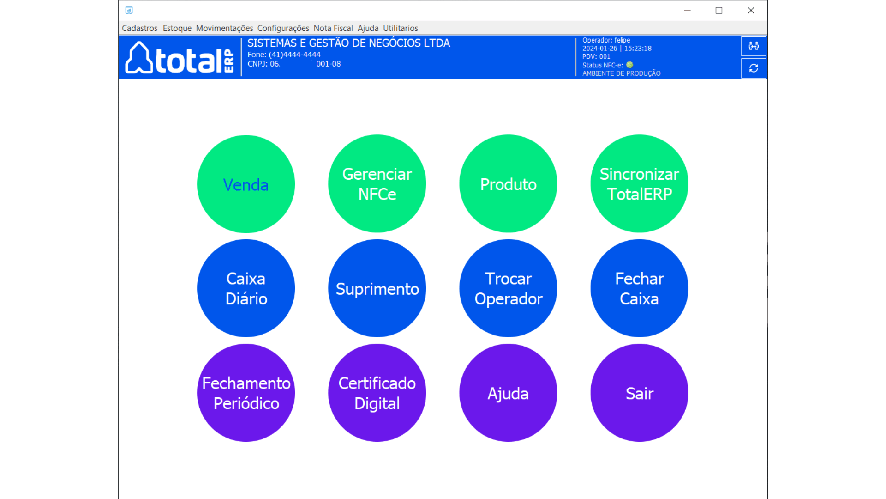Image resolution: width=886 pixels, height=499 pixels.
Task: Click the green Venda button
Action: pyautogui.click(x=246, y=184)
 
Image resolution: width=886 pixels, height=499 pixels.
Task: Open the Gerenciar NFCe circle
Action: pyautogui.click(x=377, y=183)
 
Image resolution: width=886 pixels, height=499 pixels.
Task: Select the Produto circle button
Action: pyautogui.click(x=508, y=183)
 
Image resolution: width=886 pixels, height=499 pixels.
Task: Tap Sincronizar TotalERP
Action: pyautogui.click(x=639, y=183)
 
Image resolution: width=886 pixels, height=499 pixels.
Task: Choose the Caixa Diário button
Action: pyautogui.click(x=246, y=288)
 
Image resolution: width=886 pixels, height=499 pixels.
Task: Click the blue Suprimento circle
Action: pyautogui.click(x=377, y=288)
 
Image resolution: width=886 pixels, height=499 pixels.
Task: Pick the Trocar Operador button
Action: pyautogui.click(x=508, y=288)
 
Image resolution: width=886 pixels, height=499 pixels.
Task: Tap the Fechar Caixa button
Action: pyautogui.click(x=639, y=288)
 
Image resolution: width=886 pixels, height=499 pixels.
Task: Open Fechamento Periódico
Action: pyautogui.click(x=246, y=393)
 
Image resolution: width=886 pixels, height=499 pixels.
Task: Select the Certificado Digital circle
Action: pyautogui.click(x=377, y=393)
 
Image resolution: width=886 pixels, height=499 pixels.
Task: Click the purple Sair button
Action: pyautogui.click(x=639, y=393)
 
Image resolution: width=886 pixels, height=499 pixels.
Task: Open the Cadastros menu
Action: pyautogui.click(x=139, y=28)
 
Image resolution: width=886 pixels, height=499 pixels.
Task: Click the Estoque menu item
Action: pyautogui.click(x=177, y=28)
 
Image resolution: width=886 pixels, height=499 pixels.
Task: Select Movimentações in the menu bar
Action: pyautogui.click(x=224, y=28)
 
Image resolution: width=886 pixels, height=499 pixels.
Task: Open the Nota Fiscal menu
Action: pyautogui.click(x=333, y=28)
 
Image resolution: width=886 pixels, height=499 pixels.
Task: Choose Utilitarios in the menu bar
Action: pyautogui.click(x=401, y=28)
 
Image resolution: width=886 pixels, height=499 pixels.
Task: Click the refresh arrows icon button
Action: pyautogui.click(x=754, y=68)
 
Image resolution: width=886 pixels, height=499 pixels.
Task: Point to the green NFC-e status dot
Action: pyautogui.click(x=629, y=65)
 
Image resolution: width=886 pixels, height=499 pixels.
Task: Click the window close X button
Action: pyautogui.click(x=751, y=10)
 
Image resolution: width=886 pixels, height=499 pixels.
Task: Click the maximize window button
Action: pyautogui.click(x=719, y=10)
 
